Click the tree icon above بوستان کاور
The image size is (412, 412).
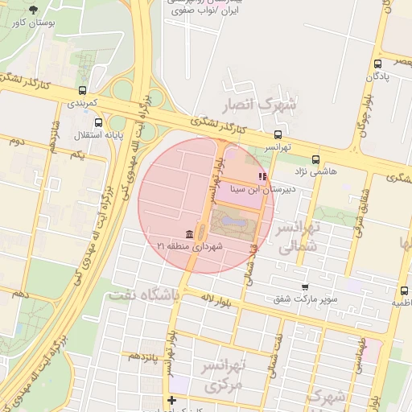[32, 10]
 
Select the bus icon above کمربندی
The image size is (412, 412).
[83, 91]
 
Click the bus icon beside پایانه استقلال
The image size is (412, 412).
[98, 123]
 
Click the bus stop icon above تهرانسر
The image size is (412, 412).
[278, 134]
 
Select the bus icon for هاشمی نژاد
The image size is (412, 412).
[315, 159]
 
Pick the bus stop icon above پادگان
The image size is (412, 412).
[377, 64]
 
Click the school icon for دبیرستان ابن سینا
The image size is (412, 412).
[261, 176]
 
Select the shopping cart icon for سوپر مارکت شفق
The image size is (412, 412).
[304, 286]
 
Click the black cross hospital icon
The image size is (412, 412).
[171, 400]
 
